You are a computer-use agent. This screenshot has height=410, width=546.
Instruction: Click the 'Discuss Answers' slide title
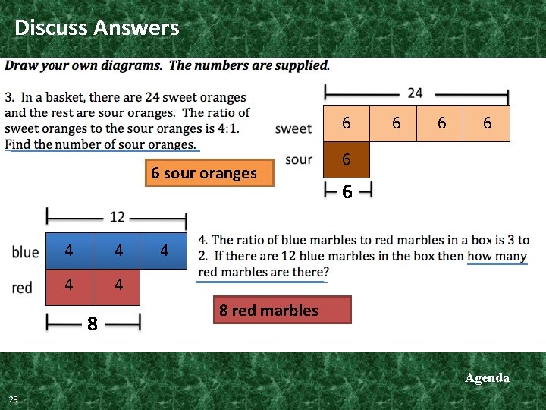(97, 28)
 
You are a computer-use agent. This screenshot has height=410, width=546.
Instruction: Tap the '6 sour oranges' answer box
(204, 173)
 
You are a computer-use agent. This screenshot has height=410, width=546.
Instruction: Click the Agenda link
(487, 377)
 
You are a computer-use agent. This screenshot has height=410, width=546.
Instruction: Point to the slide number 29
(14, 399)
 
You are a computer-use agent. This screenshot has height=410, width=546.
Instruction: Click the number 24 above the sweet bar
(415, 93)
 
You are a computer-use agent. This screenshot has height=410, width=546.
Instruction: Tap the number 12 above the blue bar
(117, 217)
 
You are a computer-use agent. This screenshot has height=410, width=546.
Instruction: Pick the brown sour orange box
(347, 159)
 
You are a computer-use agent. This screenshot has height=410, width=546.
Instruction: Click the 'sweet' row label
(293, 128)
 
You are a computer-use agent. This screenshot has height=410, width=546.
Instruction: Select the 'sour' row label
(299, 159)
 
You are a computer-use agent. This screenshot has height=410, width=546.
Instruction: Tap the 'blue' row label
(26, 251)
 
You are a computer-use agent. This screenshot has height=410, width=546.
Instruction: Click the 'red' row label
(23, 287)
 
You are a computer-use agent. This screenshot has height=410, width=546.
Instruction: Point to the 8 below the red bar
(92, 324)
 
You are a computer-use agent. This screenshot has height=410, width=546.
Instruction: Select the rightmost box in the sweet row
(486, 123)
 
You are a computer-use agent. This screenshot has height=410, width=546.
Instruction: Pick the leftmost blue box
(69, 251)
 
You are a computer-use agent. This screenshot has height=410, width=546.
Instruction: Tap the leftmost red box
(69, 285)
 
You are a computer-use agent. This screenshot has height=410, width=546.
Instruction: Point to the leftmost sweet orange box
(347, 123)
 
